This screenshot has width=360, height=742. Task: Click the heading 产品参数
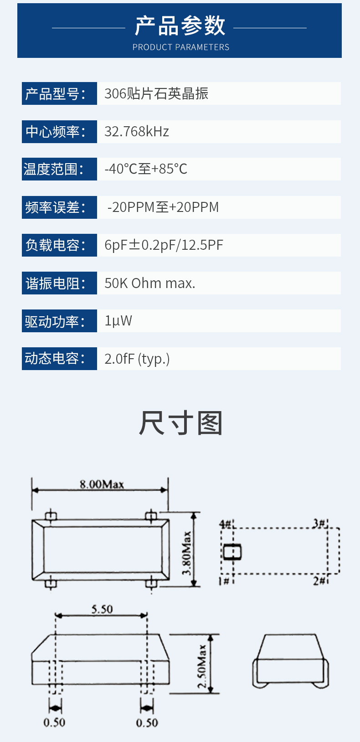click(x=180, y=26)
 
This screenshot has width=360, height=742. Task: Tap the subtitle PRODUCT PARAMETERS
click(x=180, y=47)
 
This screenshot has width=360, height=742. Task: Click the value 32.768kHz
click(x=137, y=132)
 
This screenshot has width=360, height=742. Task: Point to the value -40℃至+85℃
click(x=146, y=169)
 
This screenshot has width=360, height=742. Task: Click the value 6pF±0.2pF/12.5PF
click(x=164, y=245)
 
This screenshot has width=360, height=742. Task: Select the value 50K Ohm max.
click(x=149, y=283)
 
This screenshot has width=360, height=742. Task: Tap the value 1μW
click(x=118, y=321)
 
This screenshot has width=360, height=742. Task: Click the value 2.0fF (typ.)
click(x=137, y=359)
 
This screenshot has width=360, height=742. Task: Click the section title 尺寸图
click(x=180, y=423)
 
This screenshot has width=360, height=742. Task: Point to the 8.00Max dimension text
click(x=102, y=484)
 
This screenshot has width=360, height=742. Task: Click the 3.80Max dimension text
click(x=187, y=553)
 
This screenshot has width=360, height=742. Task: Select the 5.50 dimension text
click(x=102, y=609)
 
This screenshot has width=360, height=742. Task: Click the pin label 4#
click(x=226, y=524)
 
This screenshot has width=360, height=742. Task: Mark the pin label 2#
click(x=319, y=581)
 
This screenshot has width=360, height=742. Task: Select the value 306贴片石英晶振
click(x=156, y=94)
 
